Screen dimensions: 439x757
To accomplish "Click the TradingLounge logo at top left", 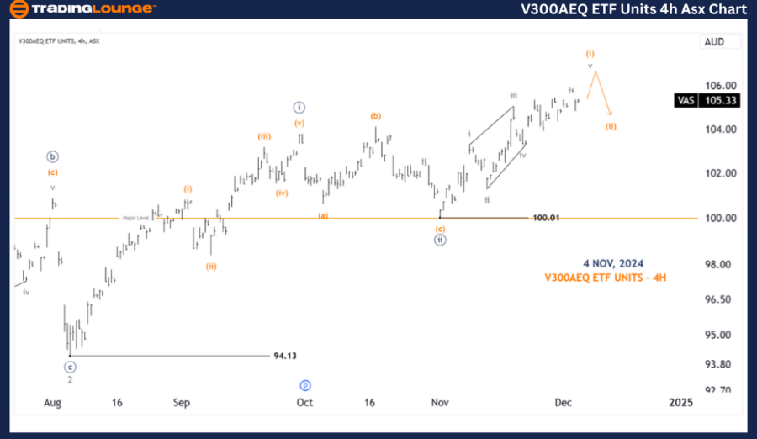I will click(82, 9).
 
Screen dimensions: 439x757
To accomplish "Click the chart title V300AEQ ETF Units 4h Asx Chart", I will click(633, 9).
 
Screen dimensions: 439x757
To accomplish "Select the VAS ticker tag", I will click(686, 100).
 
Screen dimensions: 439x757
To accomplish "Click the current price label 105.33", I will click(720, 100).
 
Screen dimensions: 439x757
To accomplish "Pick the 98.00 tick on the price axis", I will click(719, 265).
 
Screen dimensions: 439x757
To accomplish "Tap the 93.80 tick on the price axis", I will click(719, 364).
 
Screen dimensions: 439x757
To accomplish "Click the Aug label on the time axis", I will click(52, 403).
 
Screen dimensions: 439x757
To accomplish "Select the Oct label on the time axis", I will click(304, 403).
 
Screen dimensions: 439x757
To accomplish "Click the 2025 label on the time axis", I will click(680, 403).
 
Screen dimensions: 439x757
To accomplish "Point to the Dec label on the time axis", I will click(563, 403).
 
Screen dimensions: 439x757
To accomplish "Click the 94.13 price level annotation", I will click(285, 356).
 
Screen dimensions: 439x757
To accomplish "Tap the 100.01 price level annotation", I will click(546, 218).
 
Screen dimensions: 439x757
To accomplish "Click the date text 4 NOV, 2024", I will click(613, 264).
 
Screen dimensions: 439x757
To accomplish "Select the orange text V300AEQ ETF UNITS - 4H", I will click(606, 277).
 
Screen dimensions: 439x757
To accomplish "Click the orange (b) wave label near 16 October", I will click(376, 116).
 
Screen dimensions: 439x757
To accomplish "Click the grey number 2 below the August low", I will click(70, 379).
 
